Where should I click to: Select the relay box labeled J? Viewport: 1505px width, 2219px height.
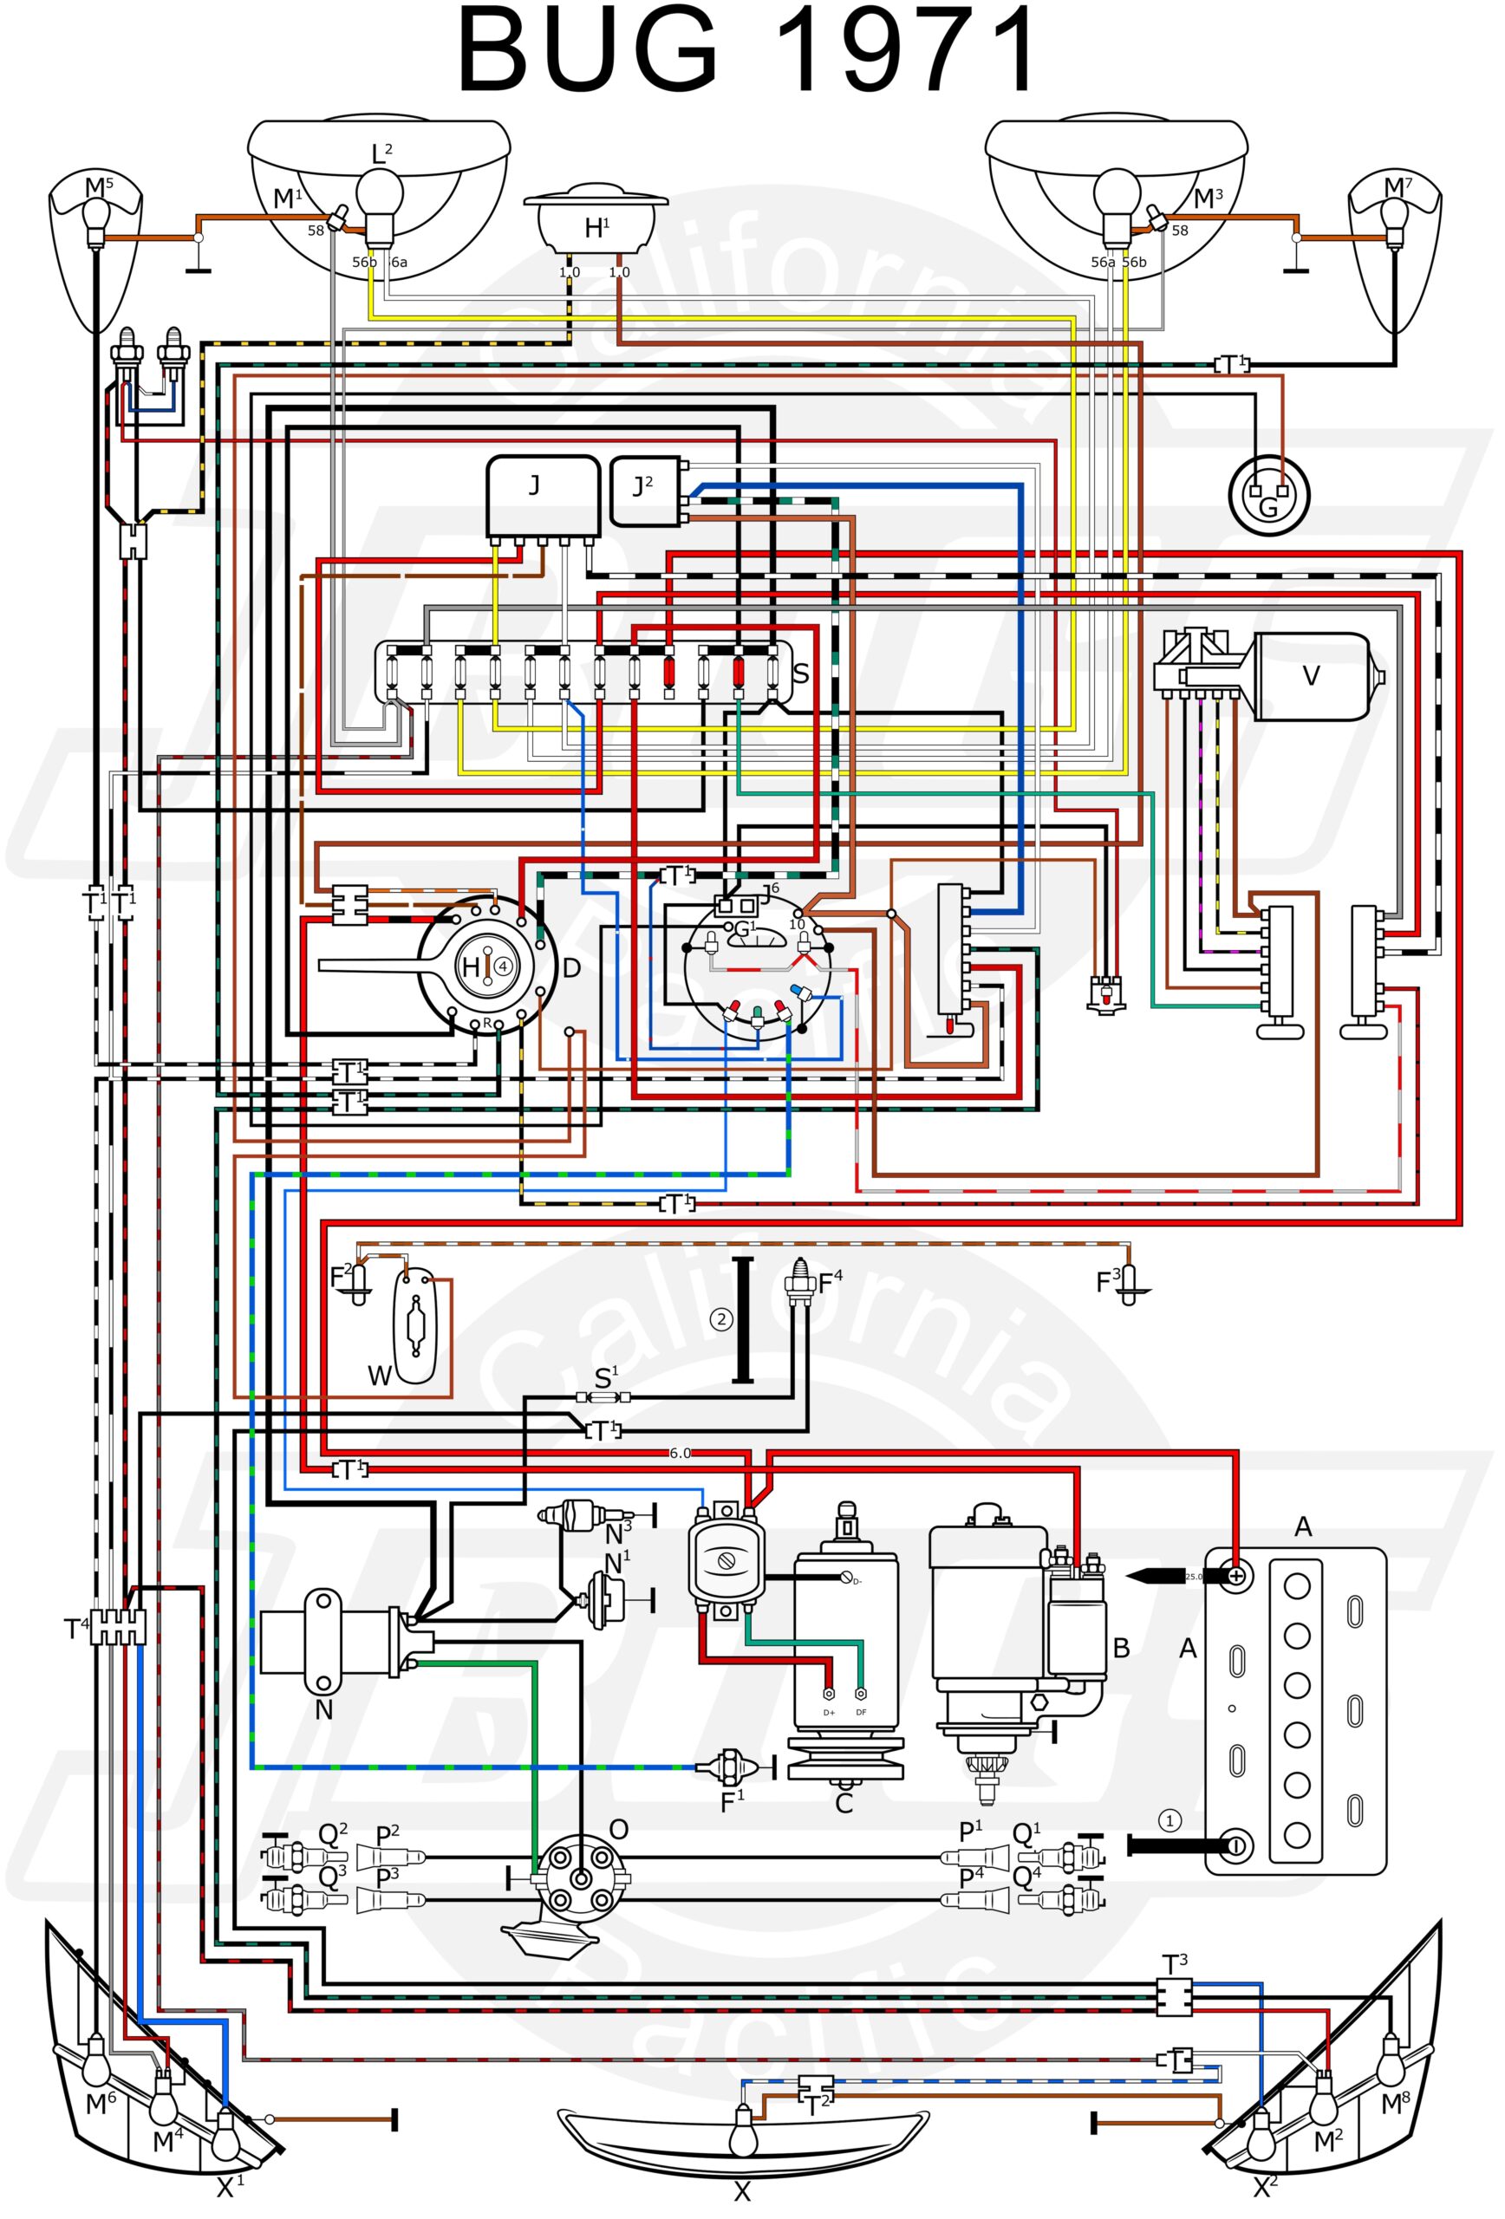point(543,495)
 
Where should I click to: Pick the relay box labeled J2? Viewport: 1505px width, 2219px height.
point(645,491)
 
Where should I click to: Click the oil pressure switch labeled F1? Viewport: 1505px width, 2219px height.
point(731,1767)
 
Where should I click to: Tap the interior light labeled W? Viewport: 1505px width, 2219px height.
point(414,1327)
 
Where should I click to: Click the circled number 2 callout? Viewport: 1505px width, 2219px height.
point(721,1318)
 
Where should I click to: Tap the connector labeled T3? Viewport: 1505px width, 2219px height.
point(1173,1996)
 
